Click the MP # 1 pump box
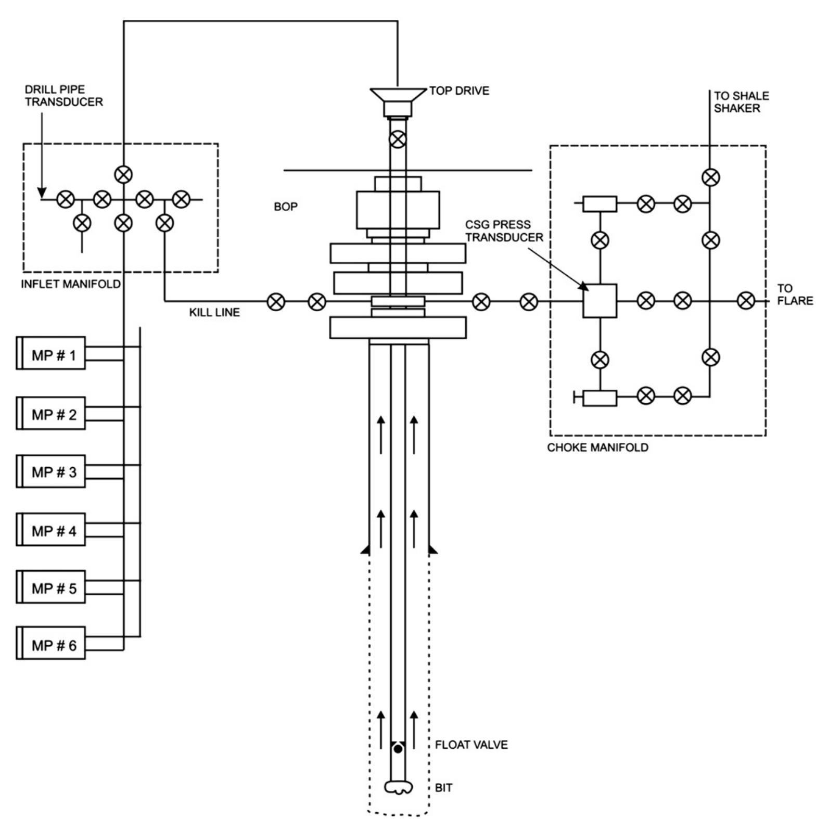[x=51, y=355]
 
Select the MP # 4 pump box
[x=51, y=531]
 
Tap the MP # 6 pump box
[x=51, y=645]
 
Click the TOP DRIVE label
[x=459, y=91]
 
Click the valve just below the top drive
[x=398, y=139]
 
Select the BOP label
[x=286, y=207]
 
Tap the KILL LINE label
[x=214, y=312]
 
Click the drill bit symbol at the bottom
[x=398, y=787]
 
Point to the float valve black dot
[x=398, y=749]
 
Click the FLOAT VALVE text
[x=471, y=745]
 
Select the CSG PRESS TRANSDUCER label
[x=504, y=231]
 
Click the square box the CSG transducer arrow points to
[x=600, y=301]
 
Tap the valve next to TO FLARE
[x=746, y=300]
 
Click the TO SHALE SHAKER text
[x=741, y=102]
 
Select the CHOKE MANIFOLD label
[x=597, y=447]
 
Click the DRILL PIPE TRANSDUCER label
[x=63, y=96]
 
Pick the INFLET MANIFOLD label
[x=70, y=284]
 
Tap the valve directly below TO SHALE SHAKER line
[x=710, y=177]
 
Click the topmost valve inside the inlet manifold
[x=123, y=174]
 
